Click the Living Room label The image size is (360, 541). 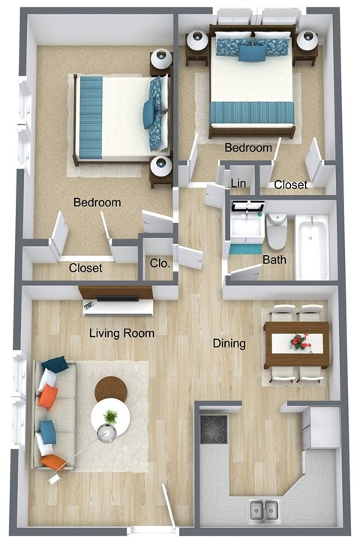pos(122,332)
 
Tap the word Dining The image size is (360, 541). pos(229,344)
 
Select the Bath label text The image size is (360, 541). pos(273,260)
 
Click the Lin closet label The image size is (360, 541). pos(239,183)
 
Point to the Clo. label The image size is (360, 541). pos(159,263)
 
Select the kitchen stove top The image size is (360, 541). pos(214,428)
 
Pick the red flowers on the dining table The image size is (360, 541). pos(300,342)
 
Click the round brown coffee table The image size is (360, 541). pos(112,389)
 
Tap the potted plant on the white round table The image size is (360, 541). pos(111,416)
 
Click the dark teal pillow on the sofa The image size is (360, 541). pos(54,365)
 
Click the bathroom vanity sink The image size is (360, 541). pos(244,225)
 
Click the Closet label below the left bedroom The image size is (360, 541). pos(85,268)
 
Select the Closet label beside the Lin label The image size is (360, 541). pos(289,185)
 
